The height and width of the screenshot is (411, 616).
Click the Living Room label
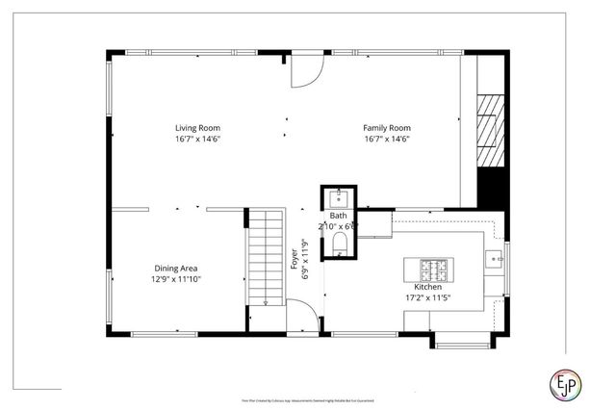point(197,127)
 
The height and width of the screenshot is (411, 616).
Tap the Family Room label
point(386,127)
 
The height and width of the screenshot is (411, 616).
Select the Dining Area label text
point(177,269)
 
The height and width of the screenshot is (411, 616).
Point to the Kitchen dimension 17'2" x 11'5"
point(427,297)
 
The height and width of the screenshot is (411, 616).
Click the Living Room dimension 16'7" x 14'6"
point(197,140)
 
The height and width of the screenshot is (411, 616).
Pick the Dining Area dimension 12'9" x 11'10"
point(177,279)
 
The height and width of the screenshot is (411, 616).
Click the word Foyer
point(295,259)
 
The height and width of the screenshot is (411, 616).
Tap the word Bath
point(338,217)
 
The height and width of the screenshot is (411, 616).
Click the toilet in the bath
point(338,248)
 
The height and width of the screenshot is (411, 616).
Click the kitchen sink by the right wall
point(494,257)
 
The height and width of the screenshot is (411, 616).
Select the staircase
point(264,265)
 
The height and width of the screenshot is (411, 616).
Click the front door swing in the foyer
point(301,316)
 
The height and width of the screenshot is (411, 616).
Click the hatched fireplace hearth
point(492,129)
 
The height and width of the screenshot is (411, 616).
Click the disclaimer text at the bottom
point(307,399)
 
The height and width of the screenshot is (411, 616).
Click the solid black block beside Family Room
point(492,187)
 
